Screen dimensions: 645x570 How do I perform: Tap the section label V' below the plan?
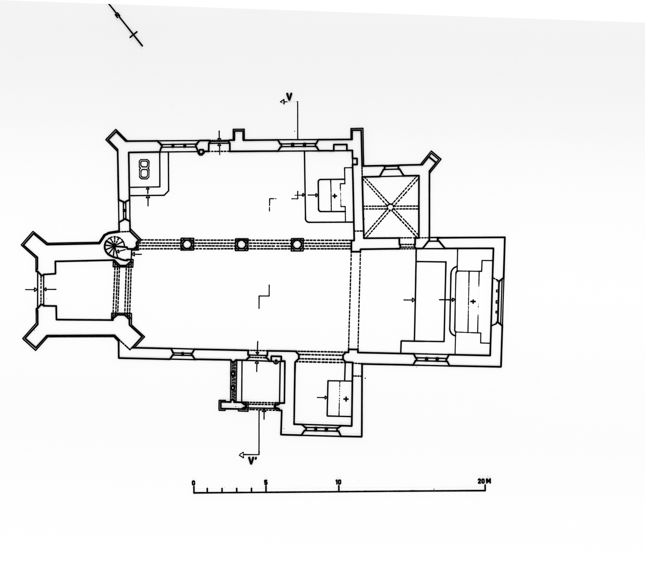click(x=252, y=461)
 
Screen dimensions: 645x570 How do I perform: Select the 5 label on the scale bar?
click(x=266, y=483)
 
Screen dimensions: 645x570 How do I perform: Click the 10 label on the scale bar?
click(x=338, y=482)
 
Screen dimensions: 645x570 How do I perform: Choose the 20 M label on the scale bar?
click(x=484, y=481)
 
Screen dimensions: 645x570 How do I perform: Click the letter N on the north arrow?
click(x=118, y=15)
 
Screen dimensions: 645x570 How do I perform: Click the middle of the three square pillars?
click(x=241, y=244)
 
